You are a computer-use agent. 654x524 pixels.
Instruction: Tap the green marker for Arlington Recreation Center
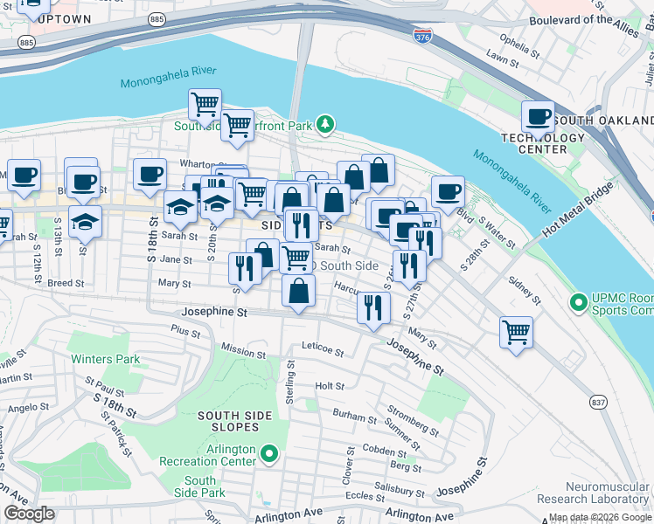(269, 454)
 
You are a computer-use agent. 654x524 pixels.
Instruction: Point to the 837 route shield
(598, 402)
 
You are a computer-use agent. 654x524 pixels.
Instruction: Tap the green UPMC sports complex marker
(577, 303)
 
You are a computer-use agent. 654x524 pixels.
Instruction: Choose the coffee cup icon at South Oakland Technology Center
(539, 117)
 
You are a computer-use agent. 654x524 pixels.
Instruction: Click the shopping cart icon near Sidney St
(517, 333)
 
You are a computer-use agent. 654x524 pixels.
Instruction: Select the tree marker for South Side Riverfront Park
(325, 126)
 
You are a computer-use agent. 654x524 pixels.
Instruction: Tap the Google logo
(30, 514)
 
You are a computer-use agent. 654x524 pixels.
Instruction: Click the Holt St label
(330, 385)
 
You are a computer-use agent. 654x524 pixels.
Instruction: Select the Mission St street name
(243, 350)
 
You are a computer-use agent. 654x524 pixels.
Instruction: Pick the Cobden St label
(379, 450)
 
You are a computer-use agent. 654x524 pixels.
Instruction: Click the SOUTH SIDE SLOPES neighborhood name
(228, 421)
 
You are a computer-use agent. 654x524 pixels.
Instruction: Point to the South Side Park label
(200, 487)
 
